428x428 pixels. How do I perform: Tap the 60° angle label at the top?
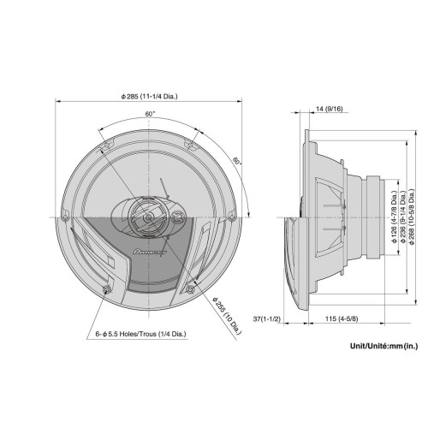[150, 114]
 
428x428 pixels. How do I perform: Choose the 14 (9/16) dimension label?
[329, 109]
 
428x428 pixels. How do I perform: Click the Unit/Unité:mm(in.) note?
[383, 348]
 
